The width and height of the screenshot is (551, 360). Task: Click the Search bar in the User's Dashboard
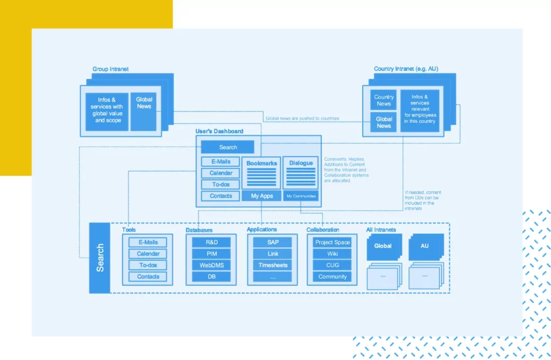(x=228, y=147)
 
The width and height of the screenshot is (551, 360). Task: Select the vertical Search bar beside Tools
(x=100, y=258)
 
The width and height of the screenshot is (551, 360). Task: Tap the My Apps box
(x=262, y=196)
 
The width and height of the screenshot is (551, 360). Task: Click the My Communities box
(x=301, y=196)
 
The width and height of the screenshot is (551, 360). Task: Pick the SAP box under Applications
(x=273, y=242)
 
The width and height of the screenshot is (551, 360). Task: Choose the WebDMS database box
(x=211, y=265)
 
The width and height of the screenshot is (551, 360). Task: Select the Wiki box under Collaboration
(x=332, y=253)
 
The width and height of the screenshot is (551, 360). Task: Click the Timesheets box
(x=273, y=265)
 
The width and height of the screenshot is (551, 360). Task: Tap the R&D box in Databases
(x=211, y=242)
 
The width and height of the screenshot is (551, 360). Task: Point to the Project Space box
(x=332, y=242)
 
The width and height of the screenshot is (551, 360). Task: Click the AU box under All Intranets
(x=425, y=246)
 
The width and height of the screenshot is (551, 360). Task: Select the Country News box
(x=384, y=100)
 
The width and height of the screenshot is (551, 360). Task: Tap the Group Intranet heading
(x=110, y=69)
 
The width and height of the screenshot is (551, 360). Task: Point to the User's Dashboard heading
(x=219, y=131)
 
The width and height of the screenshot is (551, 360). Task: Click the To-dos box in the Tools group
(x=148, y=265)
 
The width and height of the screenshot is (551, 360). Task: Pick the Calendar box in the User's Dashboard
(x=221, y=173)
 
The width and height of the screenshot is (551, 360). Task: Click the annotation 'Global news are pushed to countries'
(x=301, y=118)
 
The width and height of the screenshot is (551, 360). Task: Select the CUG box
(x=332, y=265)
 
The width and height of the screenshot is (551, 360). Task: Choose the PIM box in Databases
(x=211, y=253)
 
